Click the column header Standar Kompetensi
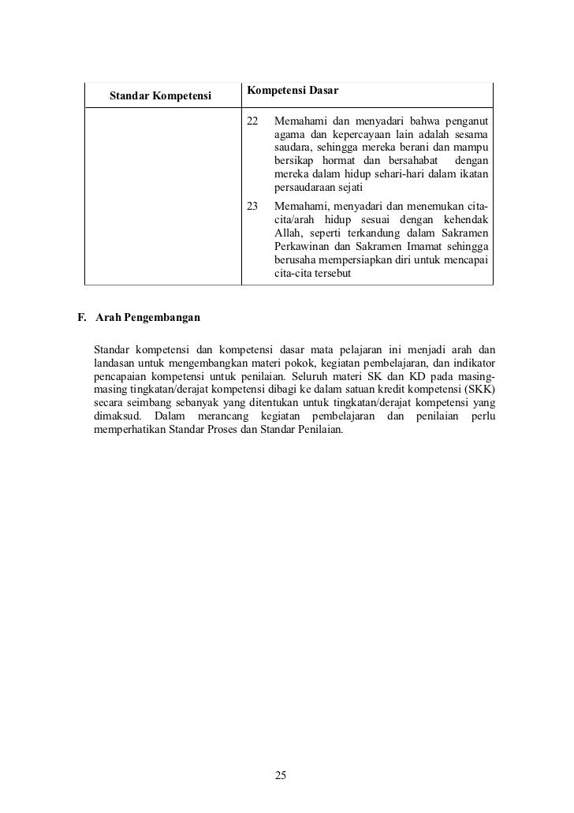161,97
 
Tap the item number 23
252,205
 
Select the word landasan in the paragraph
114,362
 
